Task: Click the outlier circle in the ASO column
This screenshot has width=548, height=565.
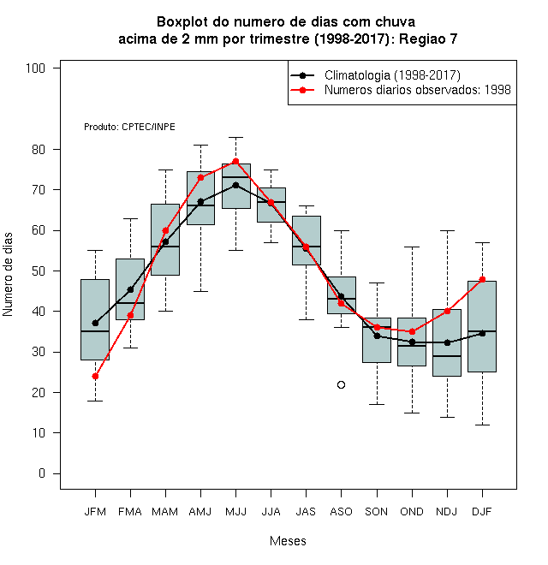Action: tap(341, 385)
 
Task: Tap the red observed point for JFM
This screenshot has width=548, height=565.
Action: tap(95, 376)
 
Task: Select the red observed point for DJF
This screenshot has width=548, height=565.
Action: tap(482, 279)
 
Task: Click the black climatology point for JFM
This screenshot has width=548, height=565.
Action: tap(95, 324)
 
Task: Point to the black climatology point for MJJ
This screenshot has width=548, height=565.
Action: tap(235, 185)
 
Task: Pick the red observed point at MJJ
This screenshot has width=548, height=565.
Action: tap(235, 161)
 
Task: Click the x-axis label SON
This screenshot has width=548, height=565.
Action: tap(377, 512)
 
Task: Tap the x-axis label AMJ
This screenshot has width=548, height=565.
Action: tap(200, 512)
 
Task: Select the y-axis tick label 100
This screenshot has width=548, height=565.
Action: tap(35, 68)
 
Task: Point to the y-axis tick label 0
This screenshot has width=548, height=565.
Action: tap(42, 473)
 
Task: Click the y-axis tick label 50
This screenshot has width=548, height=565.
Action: tap(39, 271)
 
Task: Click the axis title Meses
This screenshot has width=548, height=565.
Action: tap(288, 541)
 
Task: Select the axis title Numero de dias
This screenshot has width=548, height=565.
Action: tap(8, 275)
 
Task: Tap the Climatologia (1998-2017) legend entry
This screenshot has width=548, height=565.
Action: tap(375, 75)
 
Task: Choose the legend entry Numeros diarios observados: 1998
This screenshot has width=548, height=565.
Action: tap(401, 90)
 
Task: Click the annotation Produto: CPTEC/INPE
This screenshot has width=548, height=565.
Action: tap(130, 127)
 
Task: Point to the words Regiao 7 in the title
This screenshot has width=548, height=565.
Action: tap(428, 39)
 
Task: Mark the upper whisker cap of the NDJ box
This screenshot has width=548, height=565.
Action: tap(448, 230)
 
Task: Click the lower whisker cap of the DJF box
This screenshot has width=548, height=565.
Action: tap(482, 425)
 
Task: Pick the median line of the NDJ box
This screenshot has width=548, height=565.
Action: tap(447, 356)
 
